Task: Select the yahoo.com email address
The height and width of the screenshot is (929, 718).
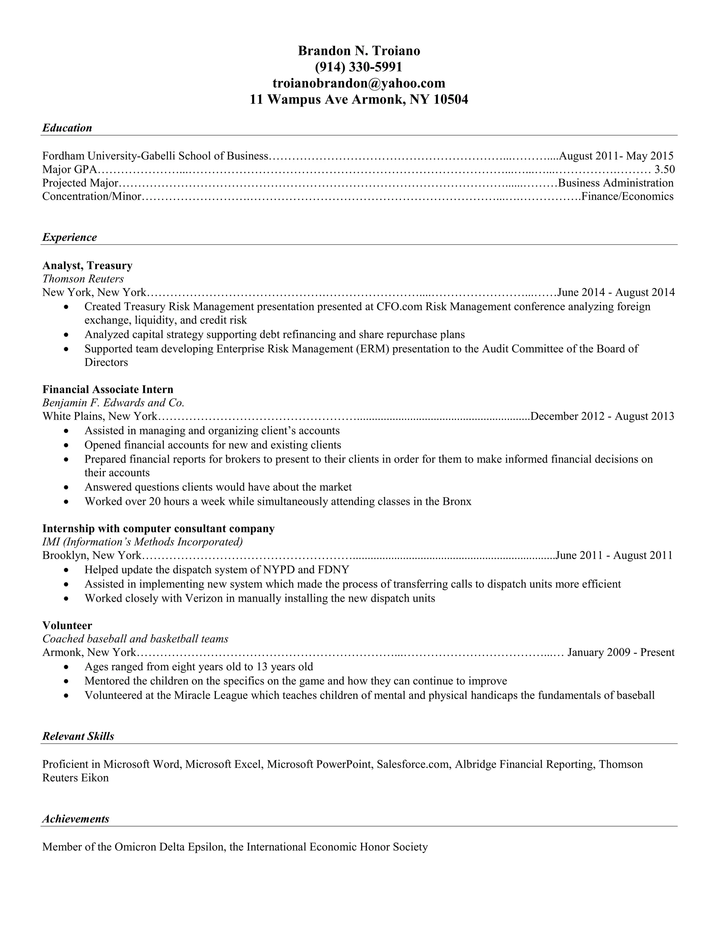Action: pyautogui.click(x=359, y=83)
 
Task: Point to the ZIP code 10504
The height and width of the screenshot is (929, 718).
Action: pyautogui.click(x=451, y=99)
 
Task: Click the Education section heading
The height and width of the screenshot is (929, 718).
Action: pyautogui.click(x=67, y=128)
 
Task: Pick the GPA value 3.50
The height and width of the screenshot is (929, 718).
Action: pyautogui.click(x=664, y=169)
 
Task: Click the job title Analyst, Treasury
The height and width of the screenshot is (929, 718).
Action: pyautogui.click(x=87, y=265)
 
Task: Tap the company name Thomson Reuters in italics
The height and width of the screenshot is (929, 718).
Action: pyautogui.click(x=83, y=279)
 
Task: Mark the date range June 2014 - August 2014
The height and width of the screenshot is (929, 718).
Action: pyautogui.click(x=616, y=292)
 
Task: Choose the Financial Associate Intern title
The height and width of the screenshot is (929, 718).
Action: pyautogui.click(x=108, y=389)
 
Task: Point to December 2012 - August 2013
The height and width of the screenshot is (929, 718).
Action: pyautogui.click(x=602, y=416)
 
